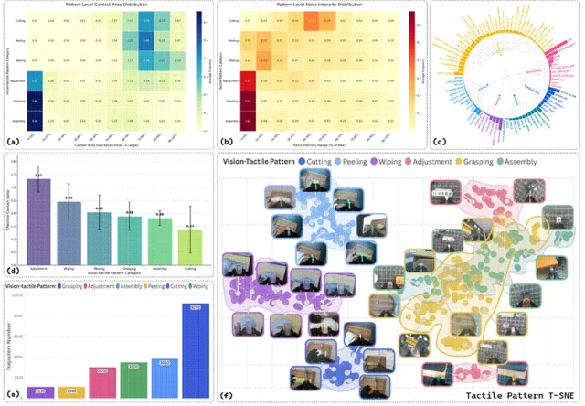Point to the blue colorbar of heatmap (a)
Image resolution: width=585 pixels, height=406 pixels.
pyautogui.click(x=198, y=69)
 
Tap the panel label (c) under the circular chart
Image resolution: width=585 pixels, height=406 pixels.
pyautogui.click(x=438, y=142)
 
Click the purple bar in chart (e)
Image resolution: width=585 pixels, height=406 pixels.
pyautogui.click(x=40, y=391)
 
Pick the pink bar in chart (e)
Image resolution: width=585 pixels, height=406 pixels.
pyautogui.click(x=102, y=382)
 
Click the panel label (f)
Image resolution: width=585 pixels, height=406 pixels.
pyautogui.click(x=226, y=396)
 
